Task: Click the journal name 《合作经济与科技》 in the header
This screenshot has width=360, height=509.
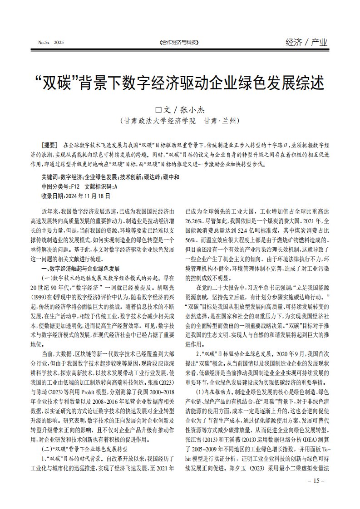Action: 180,43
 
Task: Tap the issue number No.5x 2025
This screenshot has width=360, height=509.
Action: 51,43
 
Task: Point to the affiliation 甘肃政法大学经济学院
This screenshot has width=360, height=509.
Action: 158,121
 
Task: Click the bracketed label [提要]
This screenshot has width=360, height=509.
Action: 49,145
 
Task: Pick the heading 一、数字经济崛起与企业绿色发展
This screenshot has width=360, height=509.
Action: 81,269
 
